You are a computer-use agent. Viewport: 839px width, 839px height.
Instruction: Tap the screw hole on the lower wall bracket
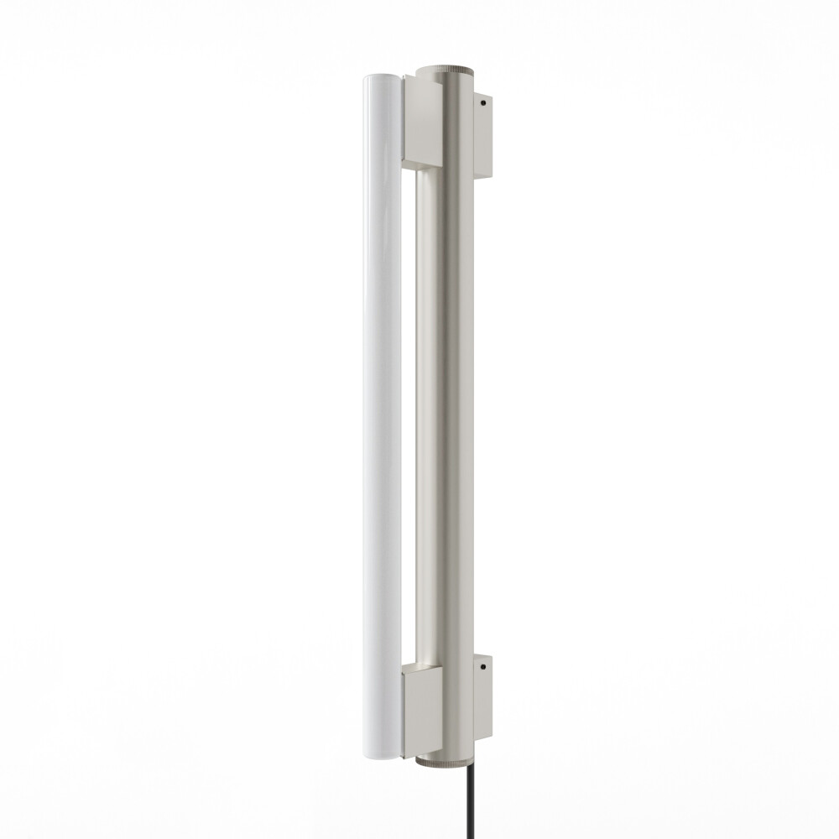pyautogui.click(x=484, y=668)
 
